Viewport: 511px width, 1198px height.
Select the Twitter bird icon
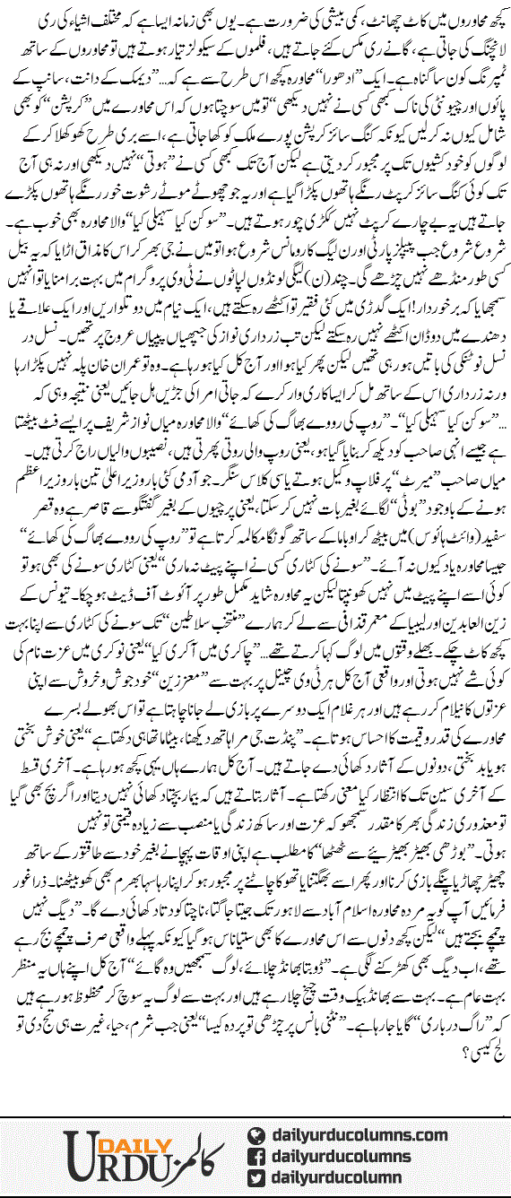(x=255, y=1175)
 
